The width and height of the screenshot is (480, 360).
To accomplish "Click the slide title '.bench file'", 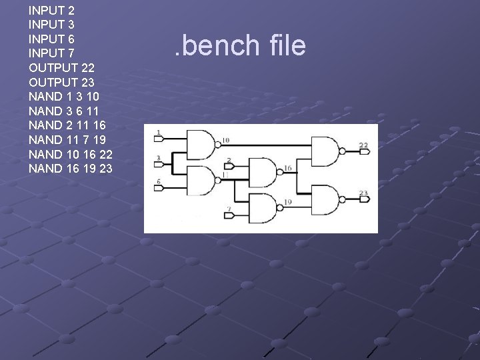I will (x=239, y=45).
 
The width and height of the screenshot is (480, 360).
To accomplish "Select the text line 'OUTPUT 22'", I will (x=61, y=68).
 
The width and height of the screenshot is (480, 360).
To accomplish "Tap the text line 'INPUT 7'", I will (x=51, y=53).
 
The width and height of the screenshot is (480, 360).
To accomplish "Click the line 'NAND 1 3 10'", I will (x=65, y=97).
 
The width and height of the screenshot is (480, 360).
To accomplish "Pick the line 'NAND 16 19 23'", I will (x=70, y=169).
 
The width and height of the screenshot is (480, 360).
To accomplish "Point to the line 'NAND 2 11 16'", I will (x=67, y=125).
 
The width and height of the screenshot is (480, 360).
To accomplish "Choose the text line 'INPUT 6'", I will (x=51, y=39).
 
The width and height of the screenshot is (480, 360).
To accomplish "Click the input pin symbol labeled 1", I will (x=159, y=139).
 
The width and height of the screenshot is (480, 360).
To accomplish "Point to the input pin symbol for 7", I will (x=229, y=216).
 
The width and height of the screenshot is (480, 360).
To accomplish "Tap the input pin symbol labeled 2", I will (x=229, y=167).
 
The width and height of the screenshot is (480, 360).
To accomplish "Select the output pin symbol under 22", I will (x=364, y=152).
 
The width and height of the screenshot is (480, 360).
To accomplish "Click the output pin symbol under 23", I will (x=364, y=200).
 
